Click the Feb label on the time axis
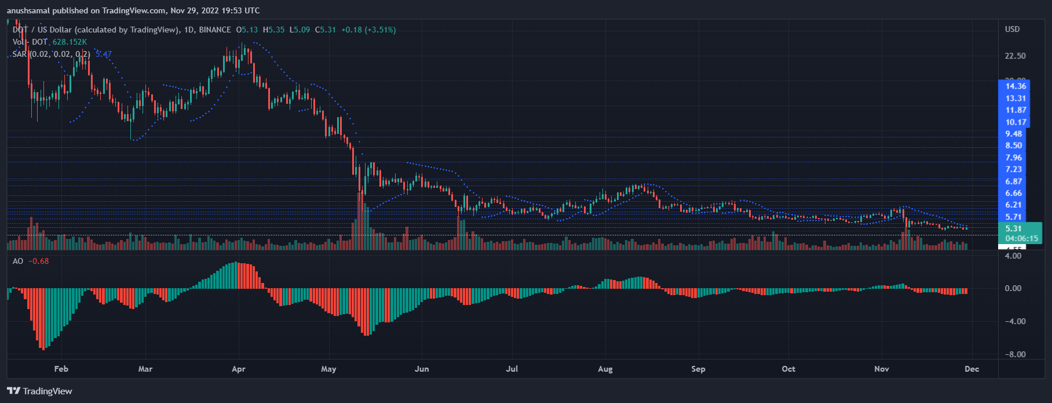click(61, 369)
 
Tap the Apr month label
click(238, 369)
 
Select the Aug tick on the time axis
click(605, 369)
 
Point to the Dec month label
click(971, 369)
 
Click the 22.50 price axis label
click(1015, 56)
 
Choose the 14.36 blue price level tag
click(1016, 86)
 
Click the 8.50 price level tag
click(1014, 146)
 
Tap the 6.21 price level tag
click(1014, 205)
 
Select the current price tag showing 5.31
click(1014, 228)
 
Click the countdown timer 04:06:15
click(1021, 238)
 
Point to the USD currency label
click(1012, 29)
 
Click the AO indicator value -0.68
click(39, 261)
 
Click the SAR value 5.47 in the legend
click(104, 54)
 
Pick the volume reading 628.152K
click(70, 42)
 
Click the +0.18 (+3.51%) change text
click(368, 30)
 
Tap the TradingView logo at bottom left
click(39, 391)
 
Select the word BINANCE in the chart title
click(215, 30)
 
